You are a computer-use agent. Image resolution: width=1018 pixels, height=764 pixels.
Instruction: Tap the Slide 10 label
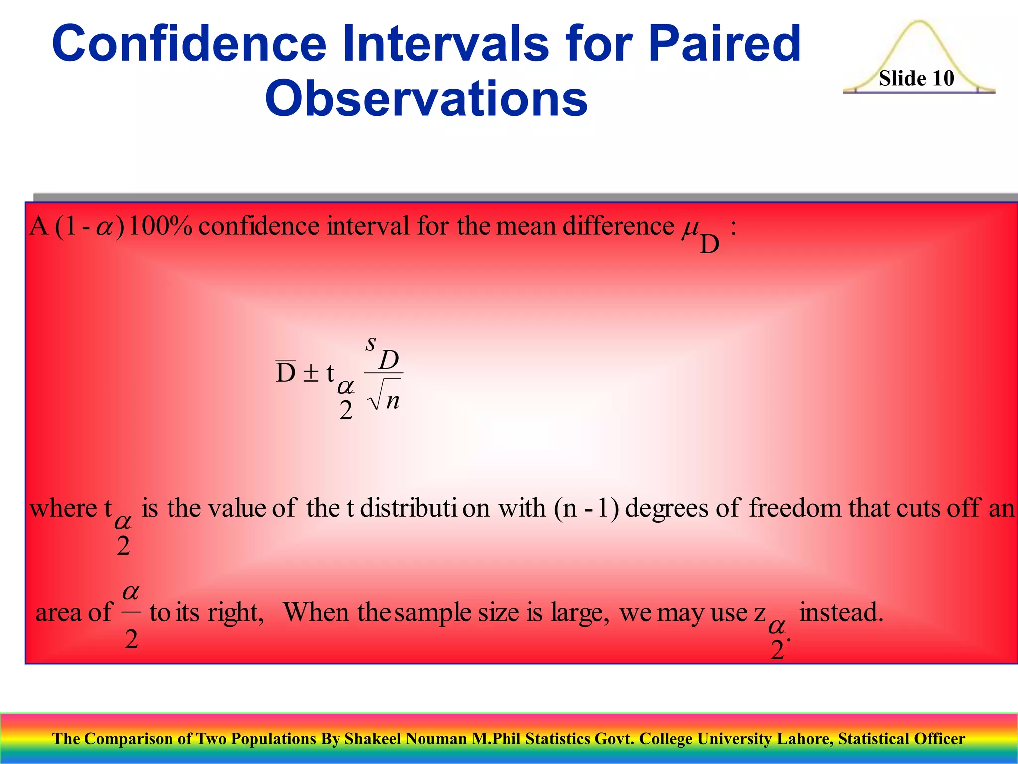pos(916,78)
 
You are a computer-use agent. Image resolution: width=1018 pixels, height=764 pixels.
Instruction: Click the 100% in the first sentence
pos(160,226)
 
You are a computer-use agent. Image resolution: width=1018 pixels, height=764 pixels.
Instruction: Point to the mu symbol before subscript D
pos(690,229)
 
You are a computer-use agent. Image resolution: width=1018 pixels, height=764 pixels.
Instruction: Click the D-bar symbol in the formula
pos(286,372)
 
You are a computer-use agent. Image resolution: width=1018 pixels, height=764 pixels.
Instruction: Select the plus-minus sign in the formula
pos(311,373)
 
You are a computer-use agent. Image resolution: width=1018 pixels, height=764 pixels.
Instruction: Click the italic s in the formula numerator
pos(371,343)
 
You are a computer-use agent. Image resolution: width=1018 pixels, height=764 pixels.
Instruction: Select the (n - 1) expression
pos(586,508)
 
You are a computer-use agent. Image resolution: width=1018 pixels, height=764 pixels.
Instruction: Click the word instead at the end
pos(841,612)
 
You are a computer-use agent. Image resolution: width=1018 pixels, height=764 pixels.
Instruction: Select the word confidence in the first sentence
pos(259,226)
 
